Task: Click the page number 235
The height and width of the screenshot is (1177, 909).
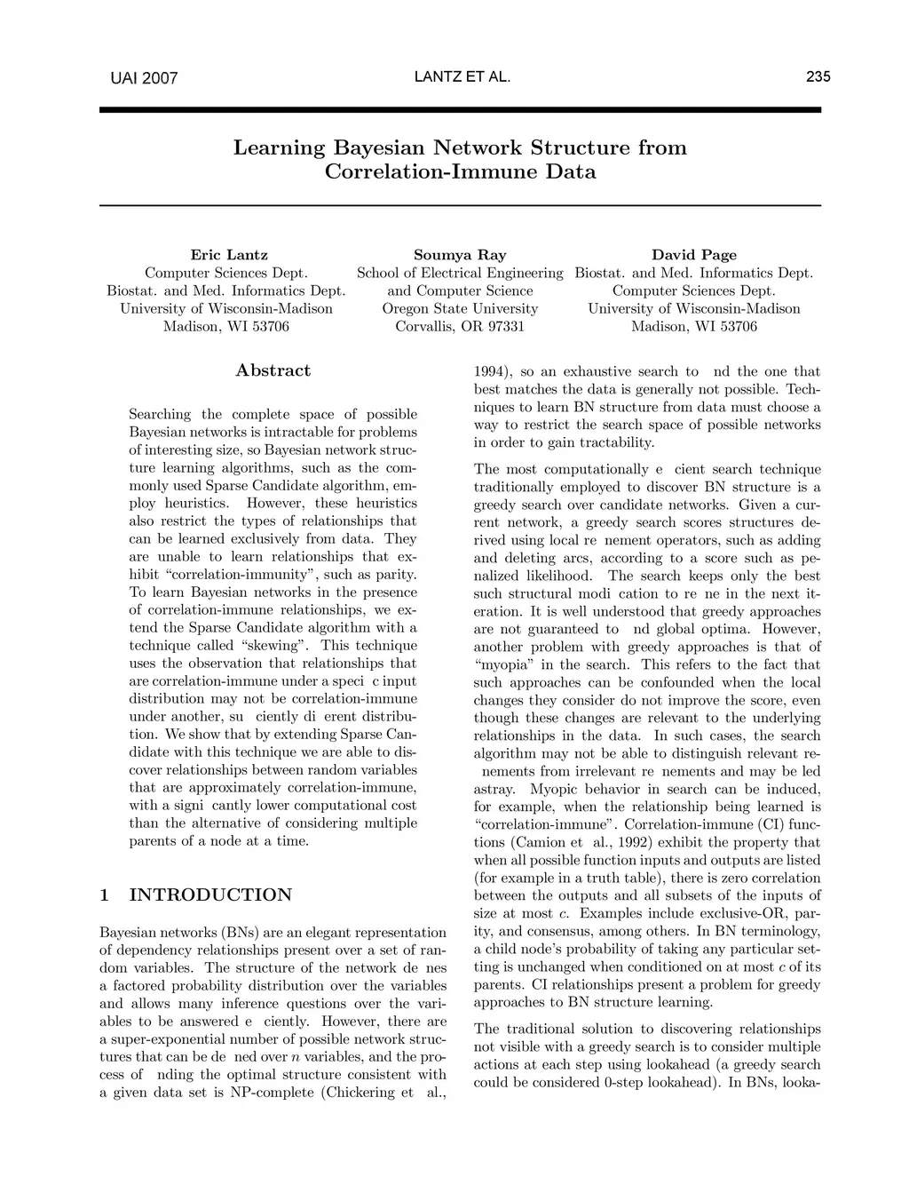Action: click(818, 77)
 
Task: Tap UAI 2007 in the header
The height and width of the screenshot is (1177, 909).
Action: click(144, 78)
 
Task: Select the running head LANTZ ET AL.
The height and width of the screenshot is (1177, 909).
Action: click(462, 77)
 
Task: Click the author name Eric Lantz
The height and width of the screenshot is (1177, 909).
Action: click(229, 255)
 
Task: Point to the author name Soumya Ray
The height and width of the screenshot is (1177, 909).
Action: click(460, 255)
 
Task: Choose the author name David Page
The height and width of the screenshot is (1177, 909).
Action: click(694, 255)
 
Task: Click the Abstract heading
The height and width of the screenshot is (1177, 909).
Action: click(273, 370)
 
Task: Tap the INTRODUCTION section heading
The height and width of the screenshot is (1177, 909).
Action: click(210, 895)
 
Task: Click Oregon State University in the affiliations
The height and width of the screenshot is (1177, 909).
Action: click(460, 308)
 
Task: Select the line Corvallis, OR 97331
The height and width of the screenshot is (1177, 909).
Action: click(460, 326)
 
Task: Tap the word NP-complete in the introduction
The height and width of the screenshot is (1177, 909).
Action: click(269, 1092)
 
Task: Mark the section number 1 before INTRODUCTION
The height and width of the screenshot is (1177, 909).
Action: click(105, 895)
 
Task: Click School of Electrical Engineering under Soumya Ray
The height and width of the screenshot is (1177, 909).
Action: click(460, 273)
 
